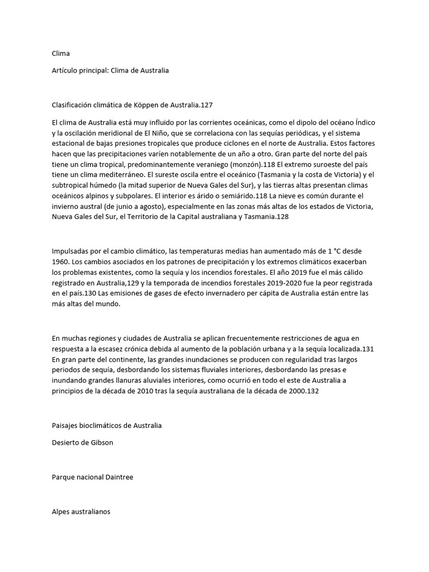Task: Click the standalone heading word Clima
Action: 60,54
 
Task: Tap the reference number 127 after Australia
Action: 207,104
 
